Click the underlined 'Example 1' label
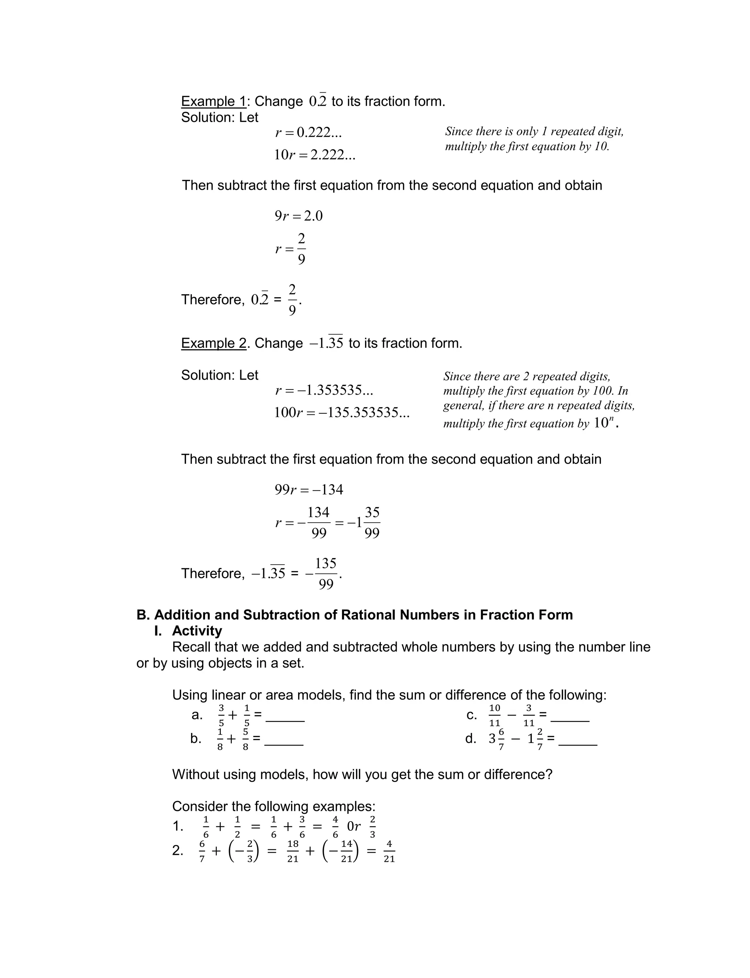pos(214,102)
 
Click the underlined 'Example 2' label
pos(214,343)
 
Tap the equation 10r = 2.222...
pos(314,155)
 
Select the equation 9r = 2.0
pos(298,216)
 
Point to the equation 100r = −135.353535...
pos(342,412)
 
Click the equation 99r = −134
pos(308,490)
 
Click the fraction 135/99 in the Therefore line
pos(326,573)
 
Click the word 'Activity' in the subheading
pos(197,631)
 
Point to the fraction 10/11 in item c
pos(495,715)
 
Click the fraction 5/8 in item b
pos(245,739)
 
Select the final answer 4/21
pos(389,851)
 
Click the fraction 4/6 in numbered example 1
pos(335,827)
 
